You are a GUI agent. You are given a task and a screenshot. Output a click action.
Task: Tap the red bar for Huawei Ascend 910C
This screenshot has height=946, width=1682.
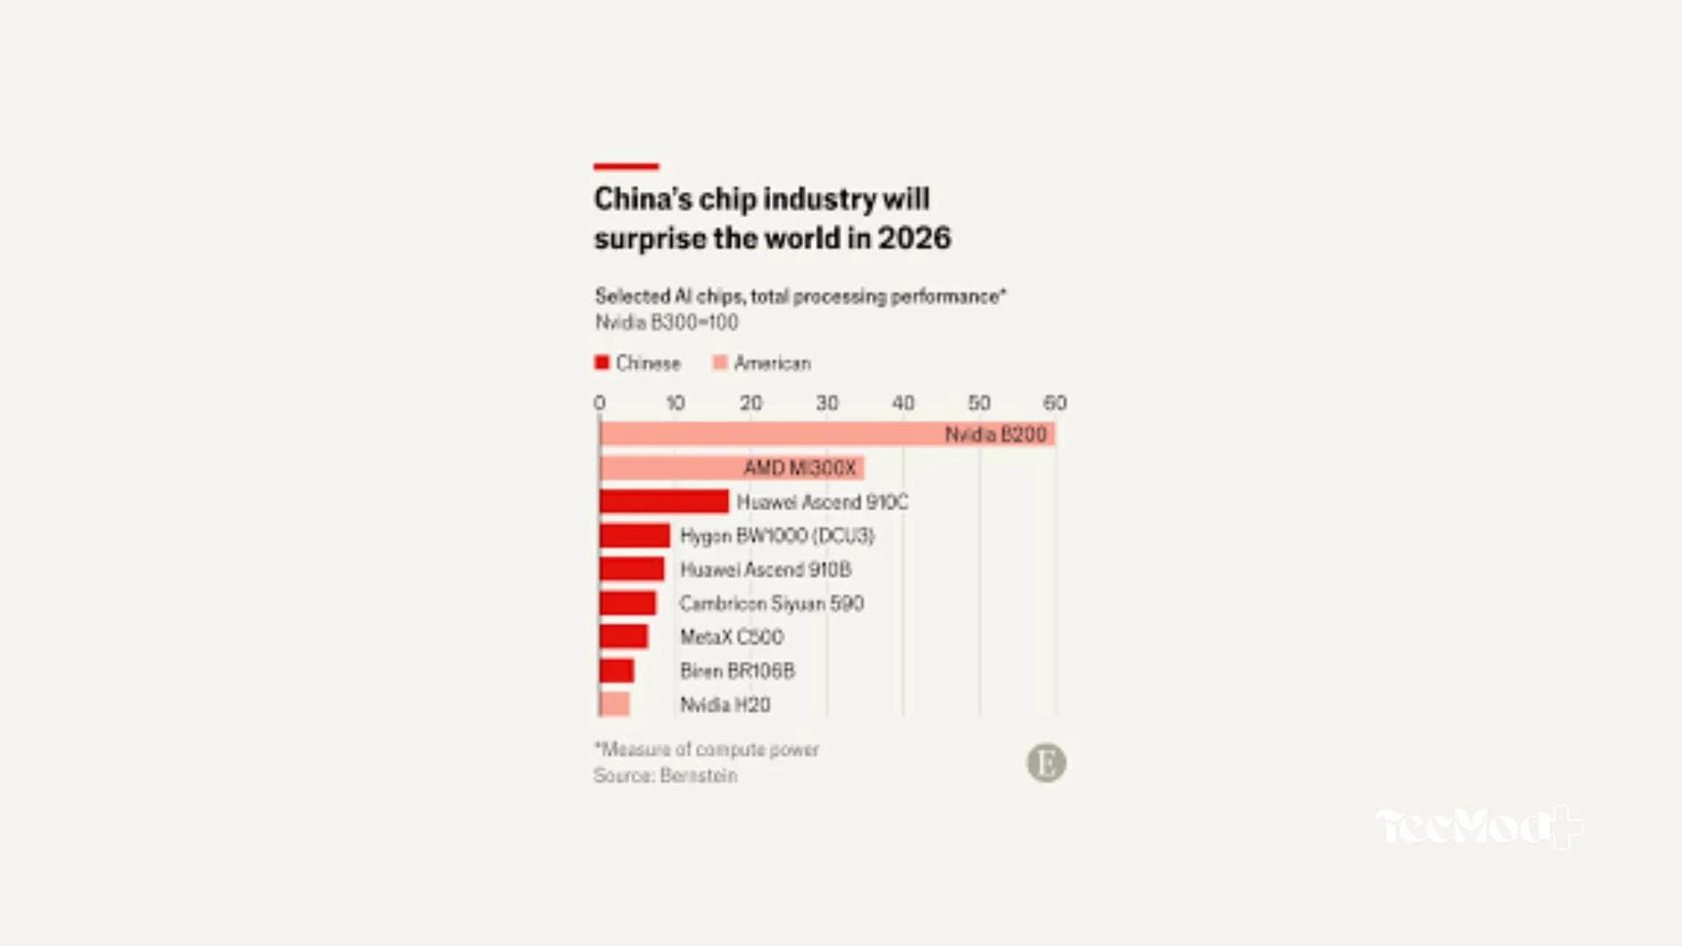664,501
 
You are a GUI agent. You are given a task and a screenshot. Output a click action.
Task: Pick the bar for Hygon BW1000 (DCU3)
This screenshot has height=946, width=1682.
634,535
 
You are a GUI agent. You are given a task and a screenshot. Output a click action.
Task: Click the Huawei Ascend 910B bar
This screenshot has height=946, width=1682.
632,569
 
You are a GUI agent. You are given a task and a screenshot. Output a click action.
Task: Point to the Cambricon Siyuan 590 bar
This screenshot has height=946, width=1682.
627,603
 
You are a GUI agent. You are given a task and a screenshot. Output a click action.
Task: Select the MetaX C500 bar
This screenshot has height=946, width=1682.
624,637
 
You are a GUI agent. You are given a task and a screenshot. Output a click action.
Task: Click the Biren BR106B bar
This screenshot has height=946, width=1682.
617,671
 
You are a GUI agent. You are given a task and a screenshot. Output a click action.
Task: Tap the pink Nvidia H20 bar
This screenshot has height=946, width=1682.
614,704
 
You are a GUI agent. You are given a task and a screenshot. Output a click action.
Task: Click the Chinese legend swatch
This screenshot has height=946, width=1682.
602,363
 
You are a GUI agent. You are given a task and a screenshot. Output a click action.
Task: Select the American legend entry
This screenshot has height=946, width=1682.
761,363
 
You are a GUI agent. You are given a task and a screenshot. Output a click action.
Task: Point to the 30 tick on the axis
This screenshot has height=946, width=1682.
826,403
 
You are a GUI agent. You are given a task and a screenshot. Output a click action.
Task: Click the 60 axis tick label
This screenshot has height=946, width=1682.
1055,403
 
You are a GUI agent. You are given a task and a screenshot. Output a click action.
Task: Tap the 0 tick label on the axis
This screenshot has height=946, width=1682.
599,403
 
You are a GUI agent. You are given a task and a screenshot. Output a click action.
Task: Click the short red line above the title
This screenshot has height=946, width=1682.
625,166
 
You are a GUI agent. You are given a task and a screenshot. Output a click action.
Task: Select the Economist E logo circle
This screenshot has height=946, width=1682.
1046,763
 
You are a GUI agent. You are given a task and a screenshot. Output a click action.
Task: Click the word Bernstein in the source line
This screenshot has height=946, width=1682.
698,775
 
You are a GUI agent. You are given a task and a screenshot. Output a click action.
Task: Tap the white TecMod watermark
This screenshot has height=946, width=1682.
1479,826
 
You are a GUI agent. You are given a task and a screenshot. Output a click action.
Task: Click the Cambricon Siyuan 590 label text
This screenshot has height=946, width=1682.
771,604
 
